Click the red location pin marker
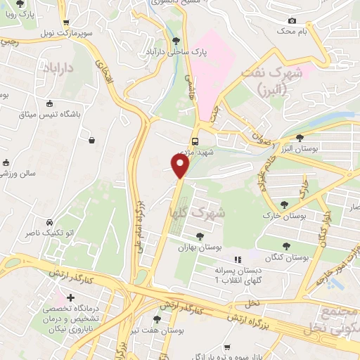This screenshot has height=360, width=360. point(180,165)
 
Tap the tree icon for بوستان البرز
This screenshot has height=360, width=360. point(300,138)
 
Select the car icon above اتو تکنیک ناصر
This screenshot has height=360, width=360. point(49,221)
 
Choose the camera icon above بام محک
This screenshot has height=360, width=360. point(292,20)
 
